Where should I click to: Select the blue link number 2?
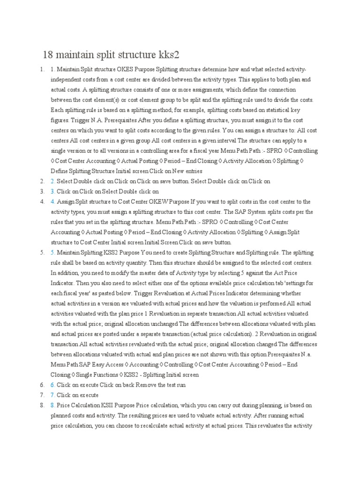pos(53,181)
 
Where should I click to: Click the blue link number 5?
pos(53,253)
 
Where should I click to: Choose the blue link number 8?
pos(53,405)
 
